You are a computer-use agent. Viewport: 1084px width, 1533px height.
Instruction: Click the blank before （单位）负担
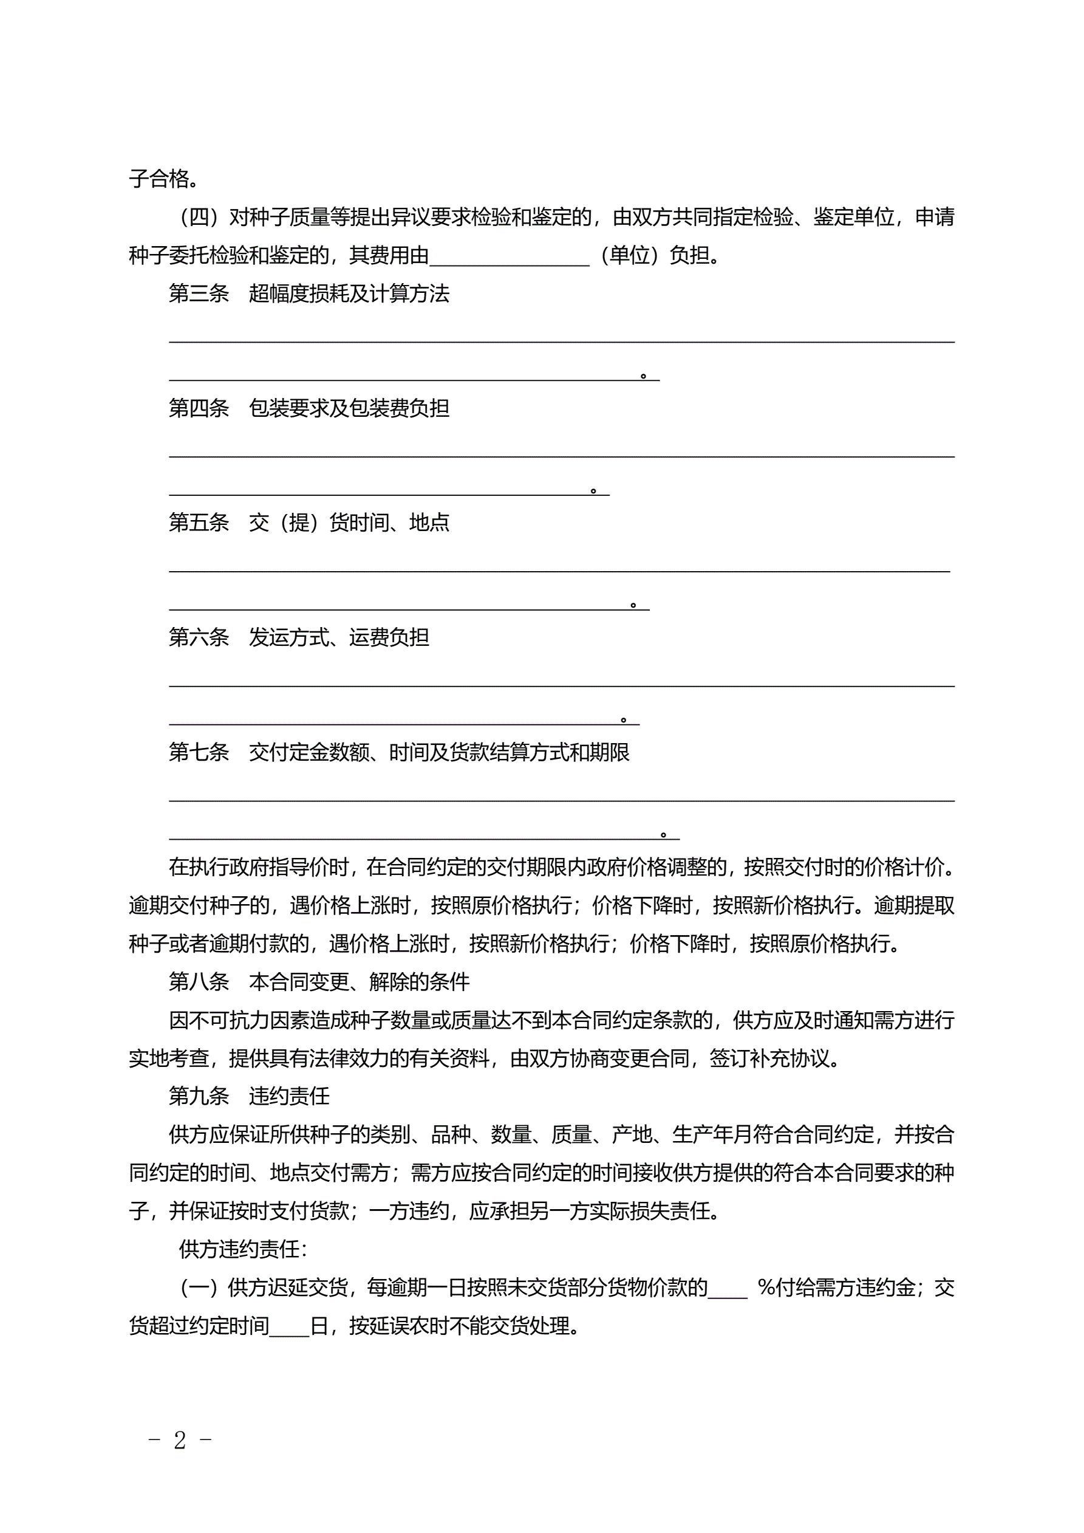pos(510,257)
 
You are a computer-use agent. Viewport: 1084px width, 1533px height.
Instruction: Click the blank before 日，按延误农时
pos(289,1326)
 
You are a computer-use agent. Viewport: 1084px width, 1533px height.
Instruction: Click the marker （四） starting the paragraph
pos(200,217)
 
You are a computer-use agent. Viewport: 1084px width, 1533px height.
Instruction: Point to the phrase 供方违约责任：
pos(242,1249)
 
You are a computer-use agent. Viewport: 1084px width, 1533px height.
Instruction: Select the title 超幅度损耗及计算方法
pos(349,294)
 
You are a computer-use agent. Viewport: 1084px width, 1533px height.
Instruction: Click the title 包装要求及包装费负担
pos(349,408)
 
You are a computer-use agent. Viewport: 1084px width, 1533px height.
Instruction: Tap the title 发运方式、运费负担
pos(339,637)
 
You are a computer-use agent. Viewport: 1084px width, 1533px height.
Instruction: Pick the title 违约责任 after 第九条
pos(289,1096)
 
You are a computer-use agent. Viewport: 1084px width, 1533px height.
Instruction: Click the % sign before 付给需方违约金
pos(766,1288)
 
